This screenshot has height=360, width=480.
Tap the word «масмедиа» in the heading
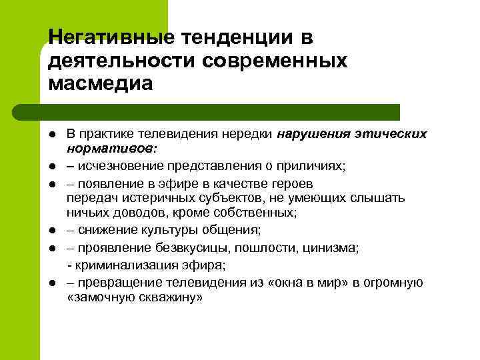pyautogui.click(x=101, y=83)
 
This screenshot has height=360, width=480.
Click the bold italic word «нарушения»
pyautogui.click(x=313, y=134)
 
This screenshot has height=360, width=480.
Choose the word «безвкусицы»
pyautogui.click(x=187, y=248)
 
